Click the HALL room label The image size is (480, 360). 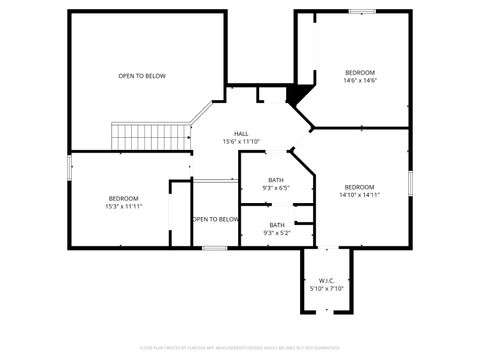point(241,133)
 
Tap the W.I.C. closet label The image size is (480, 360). point(326,280)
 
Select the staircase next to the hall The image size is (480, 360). point(151,135)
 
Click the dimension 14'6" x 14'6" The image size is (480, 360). point(359,81)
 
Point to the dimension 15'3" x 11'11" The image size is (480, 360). point(123,206)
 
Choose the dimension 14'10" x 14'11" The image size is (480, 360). point(359,196)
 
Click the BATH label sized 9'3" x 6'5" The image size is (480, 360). point(276,179)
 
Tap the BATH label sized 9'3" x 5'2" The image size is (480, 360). point(276,224)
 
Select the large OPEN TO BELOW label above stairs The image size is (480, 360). point(142,76)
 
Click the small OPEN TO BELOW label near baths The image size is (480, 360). point(215,219)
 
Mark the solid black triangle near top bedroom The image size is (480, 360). point(294,94)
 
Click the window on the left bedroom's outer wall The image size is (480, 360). point(69,168)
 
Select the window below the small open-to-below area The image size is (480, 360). point(214,247)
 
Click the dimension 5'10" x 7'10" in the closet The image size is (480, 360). point(326,288)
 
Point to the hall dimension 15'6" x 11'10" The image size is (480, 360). point(241,141)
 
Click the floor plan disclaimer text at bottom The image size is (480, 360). point(240,349)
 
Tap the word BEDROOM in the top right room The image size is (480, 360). point(359,73)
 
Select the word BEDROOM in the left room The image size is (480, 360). point(123,198)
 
